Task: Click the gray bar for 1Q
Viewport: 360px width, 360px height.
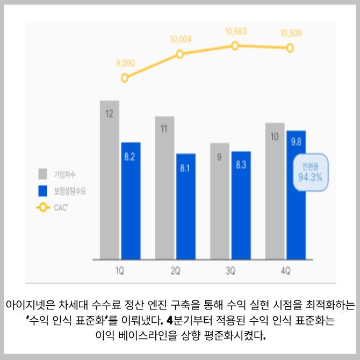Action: click(109, 180)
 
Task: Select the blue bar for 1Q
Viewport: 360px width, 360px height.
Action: click(131, 201)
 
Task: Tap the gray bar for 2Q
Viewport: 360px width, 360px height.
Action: click(164, 188)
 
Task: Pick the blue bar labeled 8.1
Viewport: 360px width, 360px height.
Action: click(185, 207)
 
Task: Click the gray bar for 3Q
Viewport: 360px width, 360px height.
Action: click(220, 201)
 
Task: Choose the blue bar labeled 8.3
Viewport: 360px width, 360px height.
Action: click(241, 205)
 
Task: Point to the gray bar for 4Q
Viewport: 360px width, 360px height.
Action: click(275, 191)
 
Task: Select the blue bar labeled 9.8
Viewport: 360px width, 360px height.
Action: click(296, 195)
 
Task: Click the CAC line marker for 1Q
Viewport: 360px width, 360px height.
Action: click(125, 77)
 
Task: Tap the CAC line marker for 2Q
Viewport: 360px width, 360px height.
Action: click(180, 54)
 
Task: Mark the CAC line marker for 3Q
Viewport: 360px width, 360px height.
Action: click(235, 46)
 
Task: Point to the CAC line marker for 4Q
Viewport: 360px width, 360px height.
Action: click(290, 48)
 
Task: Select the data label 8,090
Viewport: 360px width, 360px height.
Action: click(125, 63)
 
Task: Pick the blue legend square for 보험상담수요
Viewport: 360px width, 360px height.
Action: click(43, 191)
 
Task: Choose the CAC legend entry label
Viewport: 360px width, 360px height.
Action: click(61, 207)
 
